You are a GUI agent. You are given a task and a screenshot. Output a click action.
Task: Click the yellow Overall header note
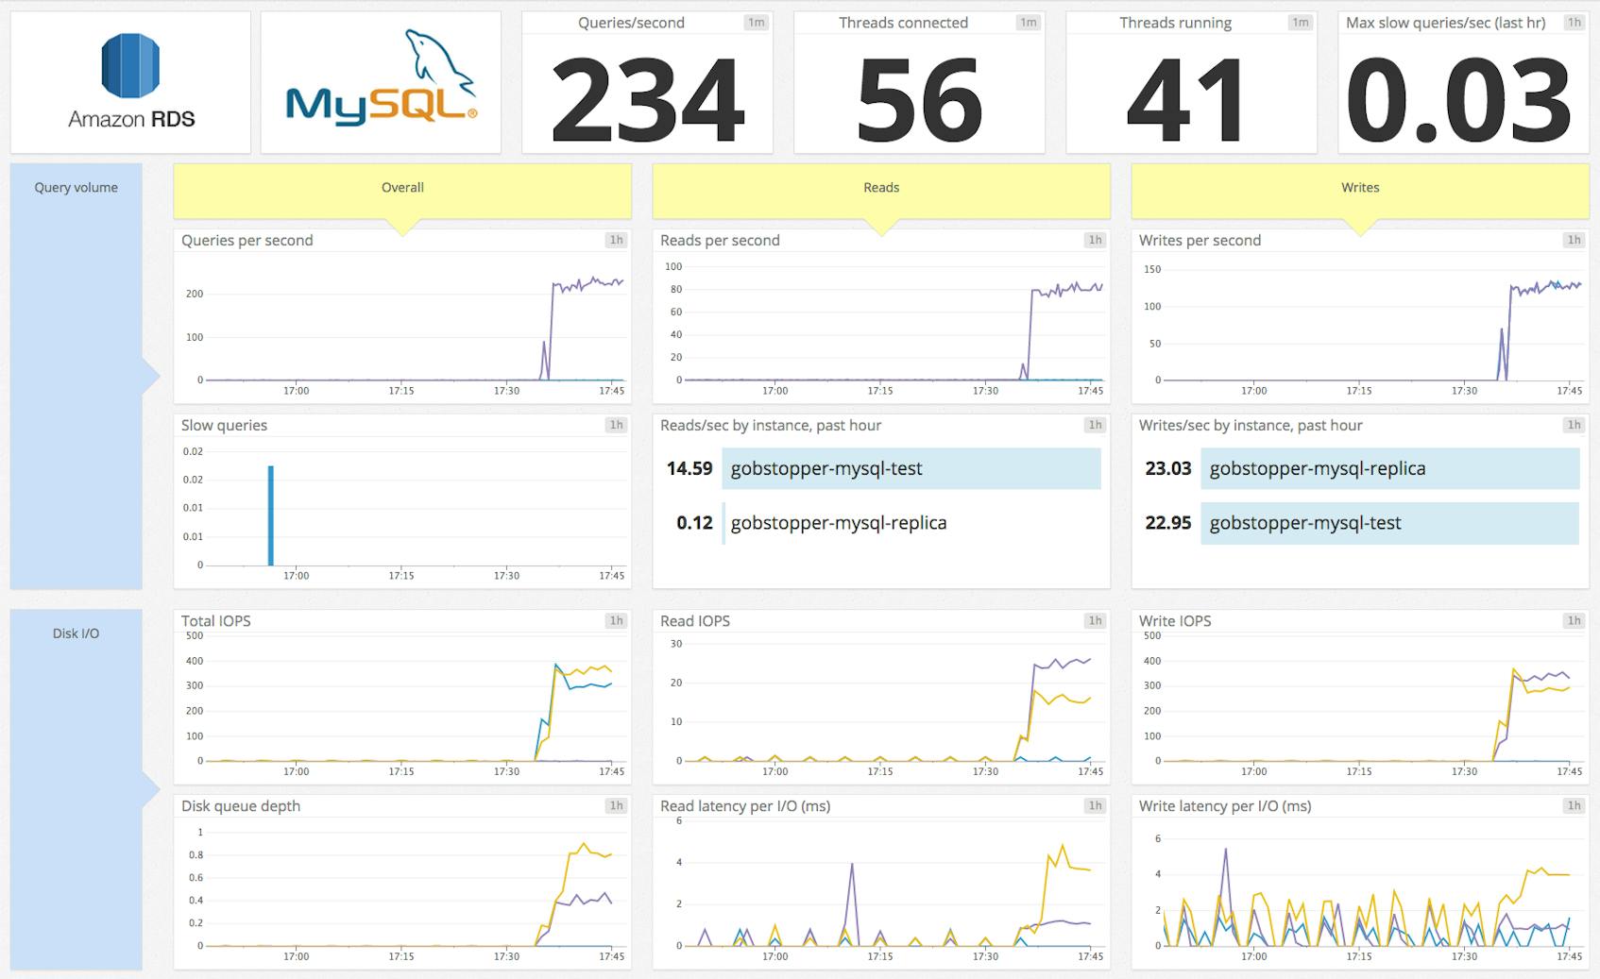coord(402,188)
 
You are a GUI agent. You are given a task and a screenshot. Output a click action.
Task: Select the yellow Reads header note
coord(880,188)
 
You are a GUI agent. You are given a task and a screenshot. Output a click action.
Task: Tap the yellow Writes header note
coord(1359,188)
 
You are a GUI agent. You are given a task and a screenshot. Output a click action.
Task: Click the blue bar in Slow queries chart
coord(271,515)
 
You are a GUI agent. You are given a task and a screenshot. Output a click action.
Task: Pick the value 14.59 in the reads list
coord(689,468)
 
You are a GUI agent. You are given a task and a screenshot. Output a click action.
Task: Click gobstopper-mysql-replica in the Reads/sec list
coord(838,523)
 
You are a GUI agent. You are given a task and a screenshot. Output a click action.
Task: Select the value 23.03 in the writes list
coord(1167,468)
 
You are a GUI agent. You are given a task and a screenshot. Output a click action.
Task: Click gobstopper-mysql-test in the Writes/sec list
coord(1304,523)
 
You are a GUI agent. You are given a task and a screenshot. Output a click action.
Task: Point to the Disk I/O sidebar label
coord(76,633)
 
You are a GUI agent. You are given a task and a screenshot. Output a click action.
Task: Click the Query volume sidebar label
coord(76,188)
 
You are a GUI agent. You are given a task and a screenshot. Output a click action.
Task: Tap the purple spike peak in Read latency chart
coord(853,864)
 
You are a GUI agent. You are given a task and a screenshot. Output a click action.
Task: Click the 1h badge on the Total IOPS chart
coord(616,620)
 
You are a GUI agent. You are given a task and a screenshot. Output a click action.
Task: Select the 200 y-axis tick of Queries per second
coord(195,294)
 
